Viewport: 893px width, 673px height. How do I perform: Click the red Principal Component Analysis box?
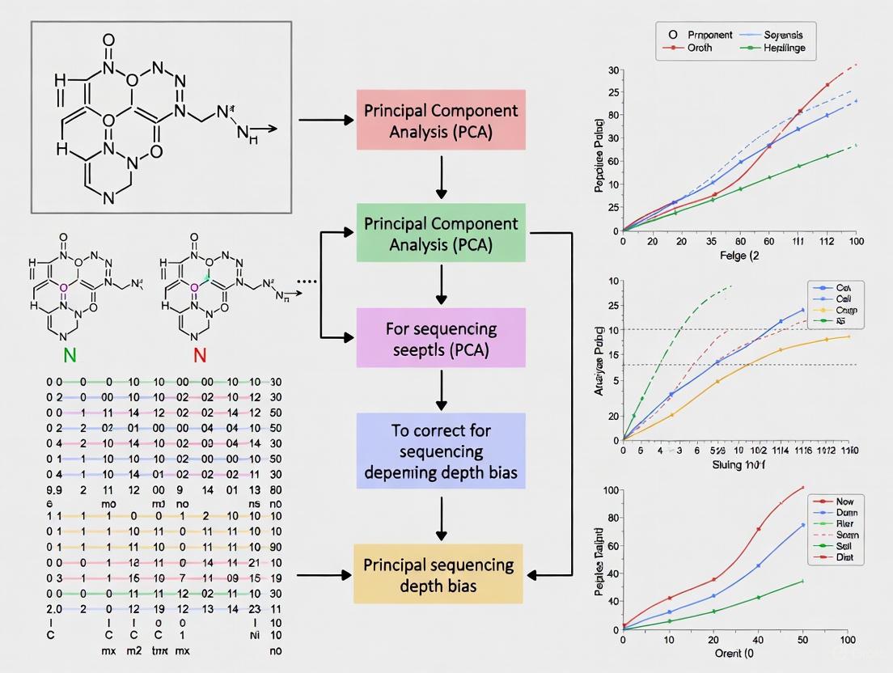click(x=441, y=121)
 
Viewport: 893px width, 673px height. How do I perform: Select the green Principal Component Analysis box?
click(x=441, y=234)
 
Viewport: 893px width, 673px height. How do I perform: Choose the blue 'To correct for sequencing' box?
click(x=441, y=451)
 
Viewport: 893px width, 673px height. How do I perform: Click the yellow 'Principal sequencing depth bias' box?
click(x=438, y=574)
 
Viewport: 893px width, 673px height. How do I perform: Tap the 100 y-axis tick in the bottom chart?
click(x=610, y=490)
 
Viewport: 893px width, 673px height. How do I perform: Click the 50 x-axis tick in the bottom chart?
click(x=803, y=641)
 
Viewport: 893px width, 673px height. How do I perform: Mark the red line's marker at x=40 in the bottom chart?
click(x=759, y=529)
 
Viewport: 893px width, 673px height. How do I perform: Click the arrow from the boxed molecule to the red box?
click(x=327, y=121)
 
